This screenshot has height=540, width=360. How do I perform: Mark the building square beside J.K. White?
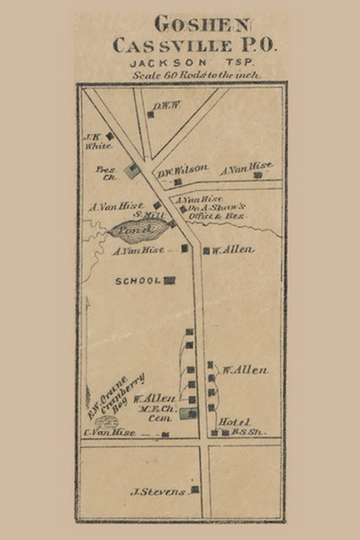pos(109,136)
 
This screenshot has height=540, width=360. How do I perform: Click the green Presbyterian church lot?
pos(132,168)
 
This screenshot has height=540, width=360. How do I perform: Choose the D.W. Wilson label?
pos(183,168)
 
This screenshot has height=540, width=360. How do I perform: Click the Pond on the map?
pos(132,231)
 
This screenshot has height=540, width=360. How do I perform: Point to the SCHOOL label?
pos(137,281)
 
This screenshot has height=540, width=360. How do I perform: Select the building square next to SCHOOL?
pos(169,281)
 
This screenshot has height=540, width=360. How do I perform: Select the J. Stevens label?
pos(157,491)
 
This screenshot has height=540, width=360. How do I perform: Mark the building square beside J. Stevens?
pos(193,490)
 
